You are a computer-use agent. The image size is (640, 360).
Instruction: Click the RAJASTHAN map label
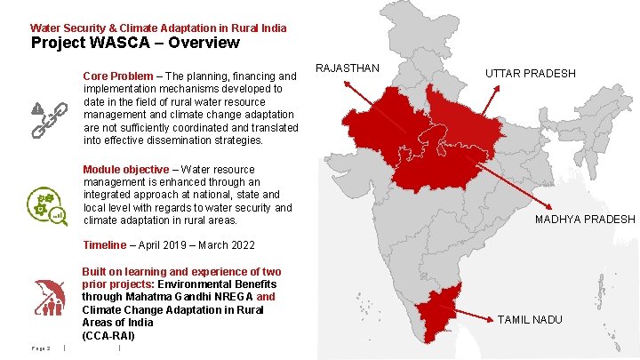point(348,68)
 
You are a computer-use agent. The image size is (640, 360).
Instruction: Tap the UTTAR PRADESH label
point(531,73)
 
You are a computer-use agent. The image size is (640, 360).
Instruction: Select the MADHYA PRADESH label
point(585,220)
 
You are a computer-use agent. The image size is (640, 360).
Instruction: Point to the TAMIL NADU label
point(529,319)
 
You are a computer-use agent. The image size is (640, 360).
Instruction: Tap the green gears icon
point(44,206)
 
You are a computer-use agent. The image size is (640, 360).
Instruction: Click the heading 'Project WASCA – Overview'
point(135,43)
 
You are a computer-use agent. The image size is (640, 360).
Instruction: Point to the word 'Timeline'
point(104,245)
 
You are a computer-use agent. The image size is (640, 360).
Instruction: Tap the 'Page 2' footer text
point(42,348)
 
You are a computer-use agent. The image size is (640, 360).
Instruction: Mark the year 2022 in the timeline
point(241,245)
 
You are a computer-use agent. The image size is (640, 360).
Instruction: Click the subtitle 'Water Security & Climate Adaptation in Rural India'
point(158,28)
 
